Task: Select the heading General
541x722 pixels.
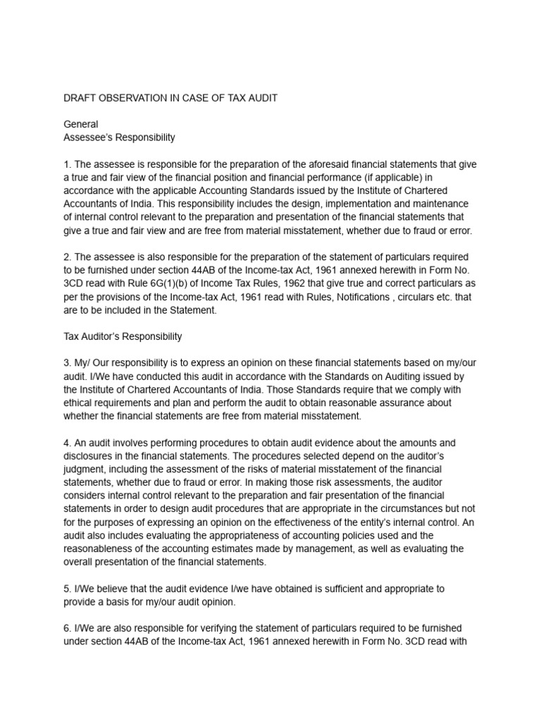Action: click(x=81, y=125)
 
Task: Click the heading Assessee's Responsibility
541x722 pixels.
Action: click(x=119, y=137)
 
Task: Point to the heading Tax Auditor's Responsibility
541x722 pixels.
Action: click(x=123, y=336)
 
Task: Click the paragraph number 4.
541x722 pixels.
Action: click(x=68, y=443)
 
